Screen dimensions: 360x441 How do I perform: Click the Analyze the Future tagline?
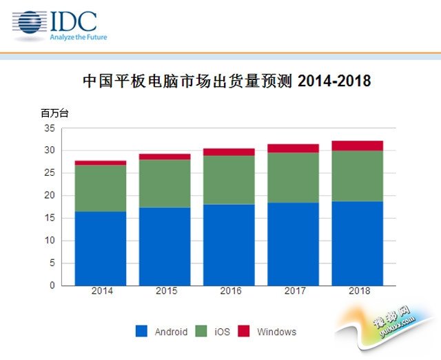click(x=78, y=37)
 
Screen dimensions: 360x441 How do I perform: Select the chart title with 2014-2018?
click(x=227, y=81)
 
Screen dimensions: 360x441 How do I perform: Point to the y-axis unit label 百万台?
click(x=55, y=113)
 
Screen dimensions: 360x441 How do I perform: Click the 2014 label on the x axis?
click(x=101, y=292)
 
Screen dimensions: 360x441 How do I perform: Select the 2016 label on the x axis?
click(x=229, y=292)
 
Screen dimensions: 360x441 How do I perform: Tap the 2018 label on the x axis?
click(x=358, y=292)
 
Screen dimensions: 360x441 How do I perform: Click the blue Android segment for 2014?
click(x=101, y=248)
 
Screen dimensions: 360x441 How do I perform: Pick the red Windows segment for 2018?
click(x=358, y=146)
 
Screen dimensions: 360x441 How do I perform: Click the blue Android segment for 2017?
click(x=294, y=244)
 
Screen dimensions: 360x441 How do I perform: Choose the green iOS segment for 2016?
click(x=229, y=180)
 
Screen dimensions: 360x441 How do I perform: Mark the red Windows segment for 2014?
click(x=101, y=163)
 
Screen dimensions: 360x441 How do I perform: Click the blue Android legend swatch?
click(x=142, y=332)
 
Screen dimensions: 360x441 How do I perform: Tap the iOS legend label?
click(x=222, y=332)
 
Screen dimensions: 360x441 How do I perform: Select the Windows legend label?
click(x=276, y=332)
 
